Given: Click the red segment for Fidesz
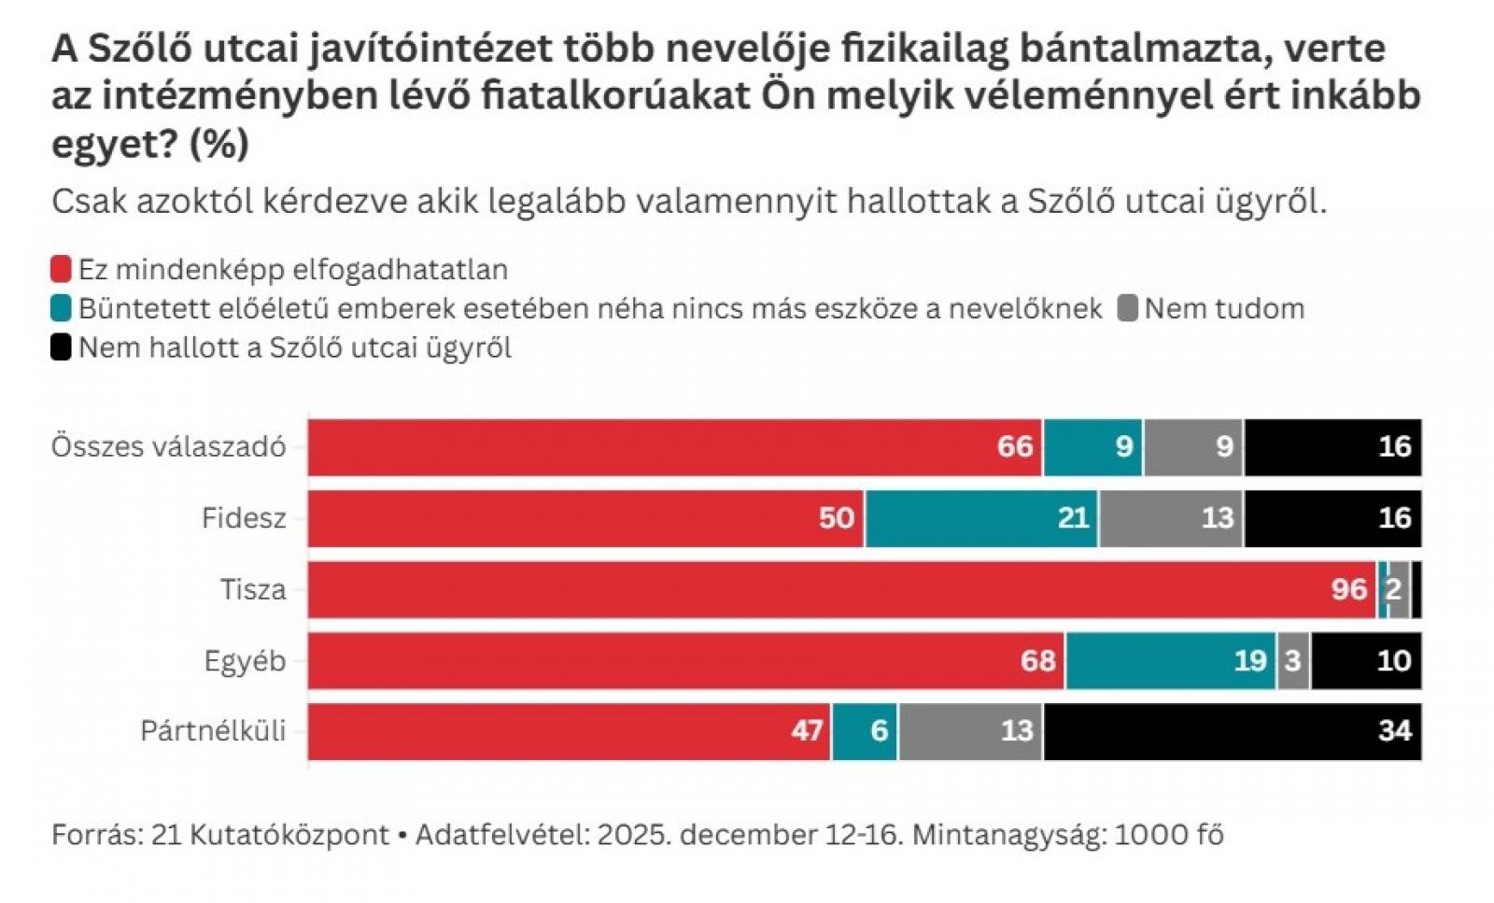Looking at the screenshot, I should [585, 518].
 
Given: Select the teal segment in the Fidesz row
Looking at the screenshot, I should [981, 518].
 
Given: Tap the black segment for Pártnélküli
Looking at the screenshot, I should [1233, 731].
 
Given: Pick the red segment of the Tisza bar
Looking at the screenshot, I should [840, 589].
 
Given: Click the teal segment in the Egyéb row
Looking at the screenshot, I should [1170, 661].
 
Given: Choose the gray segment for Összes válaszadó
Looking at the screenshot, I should [1193, 447].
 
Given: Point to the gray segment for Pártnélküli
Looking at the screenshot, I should [970, 731].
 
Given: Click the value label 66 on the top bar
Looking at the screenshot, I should [1015, 447].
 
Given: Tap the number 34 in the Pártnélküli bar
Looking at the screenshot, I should [1394, 731].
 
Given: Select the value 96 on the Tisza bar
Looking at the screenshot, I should [1349, 590].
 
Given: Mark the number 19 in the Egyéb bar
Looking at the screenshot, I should [1250, 661].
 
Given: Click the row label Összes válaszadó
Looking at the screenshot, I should [168, 447].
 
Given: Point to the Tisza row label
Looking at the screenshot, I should [253, 590].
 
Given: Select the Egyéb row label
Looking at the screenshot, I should [245, 661].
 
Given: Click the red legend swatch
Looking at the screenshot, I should [61, 270].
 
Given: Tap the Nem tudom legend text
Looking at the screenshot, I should [1224, 309].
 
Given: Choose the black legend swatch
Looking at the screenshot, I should [61, 348].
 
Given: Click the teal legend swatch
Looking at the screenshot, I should [61, 309].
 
